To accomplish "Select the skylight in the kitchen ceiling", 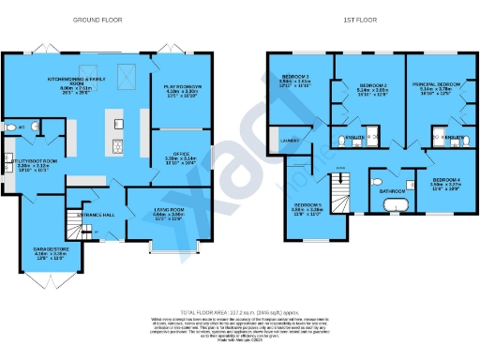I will pos(132,76).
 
